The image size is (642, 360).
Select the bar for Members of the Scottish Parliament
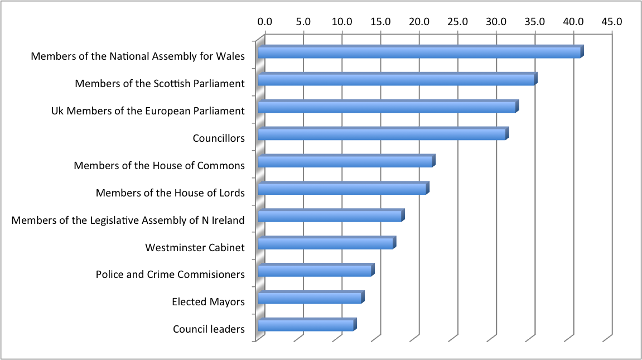click(396, 80)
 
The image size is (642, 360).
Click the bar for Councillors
click(382, 135)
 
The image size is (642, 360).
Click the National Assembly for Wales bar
click(419, 52)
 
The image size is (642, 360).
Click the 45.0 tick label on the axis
click(612, 22)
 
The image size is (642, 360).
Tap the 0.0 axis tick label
click(265, 22)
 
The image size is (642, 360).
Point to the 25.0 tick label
click(457, 22)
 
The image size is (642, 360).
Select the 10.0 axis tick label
click(342, 22)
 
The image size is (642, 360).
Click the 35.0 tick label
click(535, 22)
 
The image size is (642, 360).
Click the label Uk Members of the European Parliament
click(148, 111)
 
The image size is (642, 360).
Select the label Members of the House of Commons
click(160, 166)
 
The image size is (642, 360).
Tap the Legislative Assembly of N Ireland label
click(128, 220)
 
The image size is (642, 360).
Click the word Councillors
click(219, 138)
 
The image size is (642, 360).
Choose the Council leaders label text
click(209, 329)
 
